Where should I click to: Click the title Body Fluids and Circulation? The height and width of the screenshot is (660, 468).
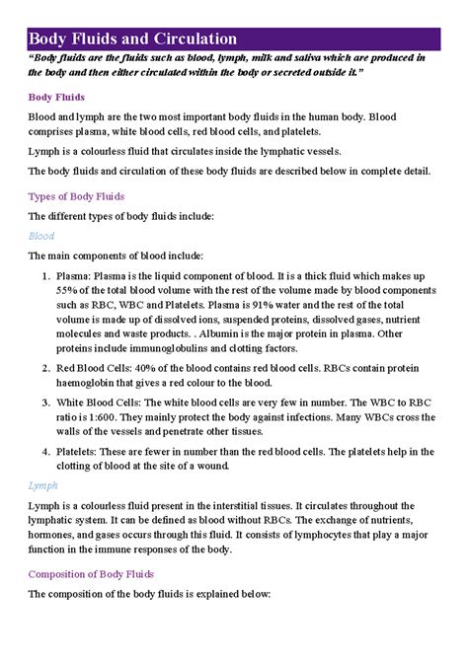click(x=132, y=38)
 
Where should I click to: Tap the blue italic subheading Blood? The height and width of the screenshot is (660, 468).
click(x=41, y=237)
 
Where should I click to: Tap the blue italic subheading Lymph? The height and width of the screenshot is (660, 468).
click(x=44, y=485)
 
